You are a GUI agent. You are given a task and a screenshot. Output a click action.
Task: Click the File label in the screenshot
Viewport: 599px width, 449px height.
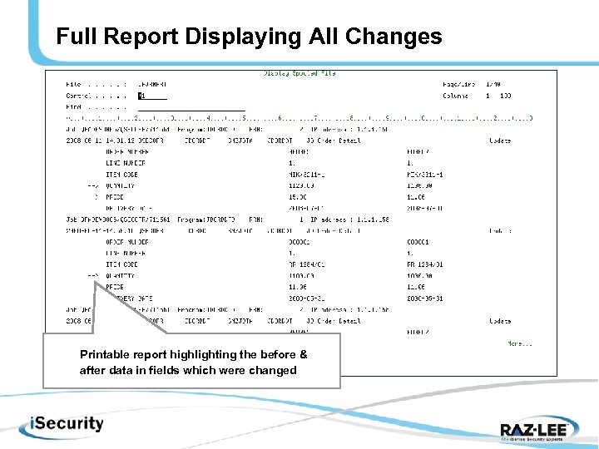click(x=73, y=85)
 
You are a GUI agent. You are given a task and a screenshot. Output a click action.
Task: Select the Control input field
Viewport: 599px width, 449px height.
click(x=152, y=96)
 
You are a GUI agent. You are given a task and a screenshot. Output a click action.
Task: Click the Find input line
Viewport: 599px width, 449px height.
click(x=191, y=107)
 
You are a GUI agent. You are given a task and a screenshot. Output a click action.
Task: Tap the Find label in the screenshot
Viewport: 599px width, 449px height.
click(x=73, y=107)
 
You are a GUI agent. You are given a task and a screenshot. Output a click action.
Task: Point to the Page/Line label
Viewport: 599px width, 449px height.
click(x=460, y=85)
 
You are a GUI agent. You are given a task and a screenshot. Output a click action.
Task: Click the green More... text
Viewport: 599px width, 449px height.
click(x=521, y=343)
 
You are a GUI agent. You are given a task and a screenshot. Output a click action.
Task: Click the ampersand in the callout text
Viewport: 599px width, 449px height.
click(x=302, y=354)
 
